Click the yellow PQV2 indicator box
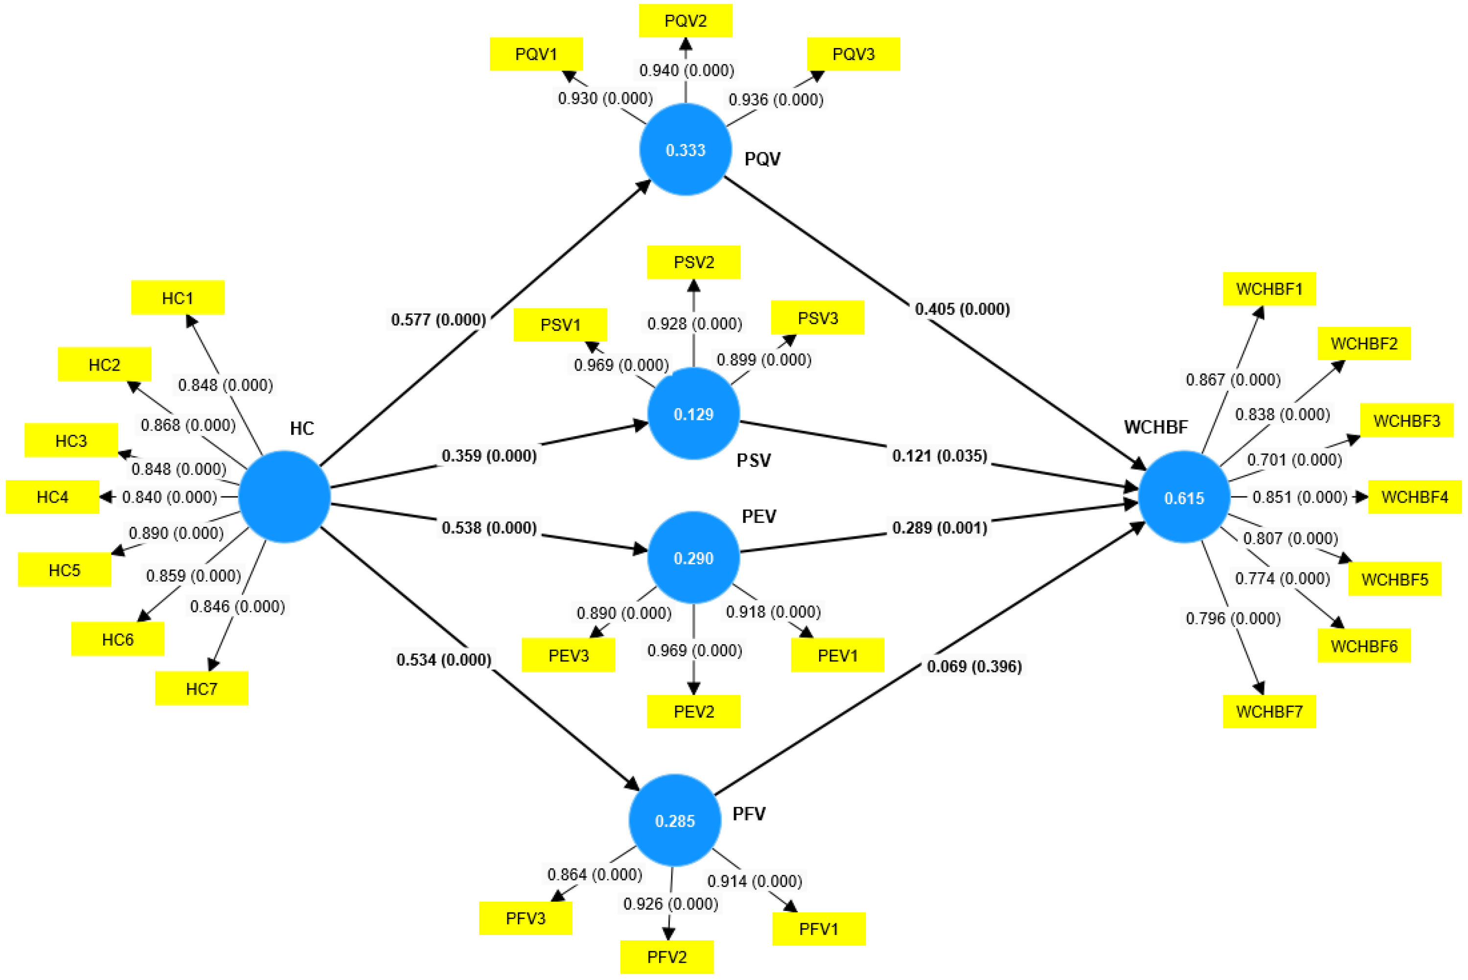coord(685,21)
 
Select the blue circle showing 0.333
coord(685,150)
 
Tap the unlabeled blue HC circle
coord(284,497)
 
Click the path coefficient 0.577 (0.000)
coord(438,320)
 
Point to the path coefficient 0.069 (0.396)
coord(974,666)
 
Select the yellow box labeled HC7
coord(201,689)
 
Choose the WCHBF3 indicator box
coord(1407,420)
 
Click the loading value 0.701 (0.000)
coord(1294,460)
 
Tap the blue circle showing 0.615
coord(1184,498)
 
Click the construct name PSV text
coord(754,461)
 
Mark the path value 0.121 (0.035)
coord(940,456)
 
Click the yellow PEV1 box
coord(837,655)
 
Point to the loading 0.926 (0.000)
coord(670,904)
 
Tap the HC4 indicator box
coord(52,497)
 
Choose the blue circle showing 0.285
coord(675,820)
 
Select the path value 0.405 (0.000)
coord(962,309)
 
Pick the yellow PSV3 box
coord(817,318)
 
